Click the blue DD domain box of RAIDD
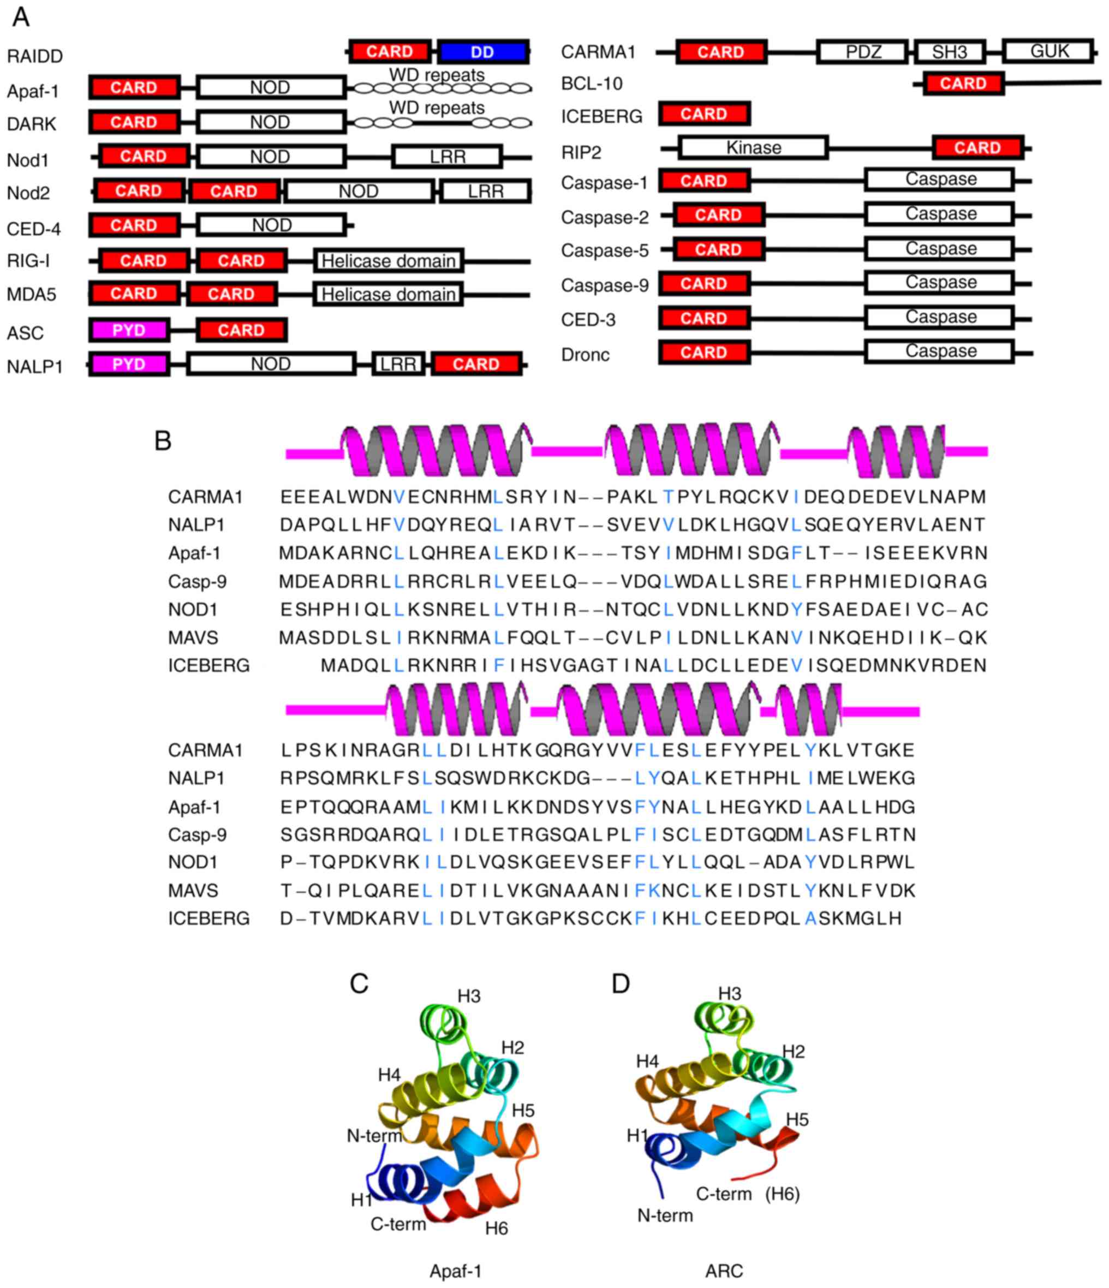(x=483, y=52)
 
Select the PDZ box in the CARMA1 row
(x=863, y=52)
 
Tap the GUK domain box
(x=1049, y=51)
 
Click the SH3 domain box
(x=949, y=52)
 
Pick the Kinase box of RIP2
(x=753, y=148)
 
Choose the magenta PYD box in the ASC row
(x=129, y=330)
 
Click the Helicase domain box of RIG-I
(x=389, y=261)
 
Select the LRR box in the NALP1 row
(x=398, y=364)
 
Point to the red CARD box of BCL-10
(x=963, y=84)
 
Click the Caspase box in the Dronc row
(x=940, y=352)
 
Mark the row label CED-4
(x=34, y=229)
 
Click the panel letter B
(x=163, y=441)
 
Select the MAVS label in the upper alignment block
(x=193, y=638)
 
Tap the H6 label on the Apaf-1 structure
(x=496, y=1229)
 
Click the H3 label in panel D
(x=729, y=994)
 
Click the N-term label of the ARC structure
(x=665, y=1215)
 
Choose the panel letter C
(x=359, y=984)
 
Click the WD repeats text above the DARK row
(x=437, y=108)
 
